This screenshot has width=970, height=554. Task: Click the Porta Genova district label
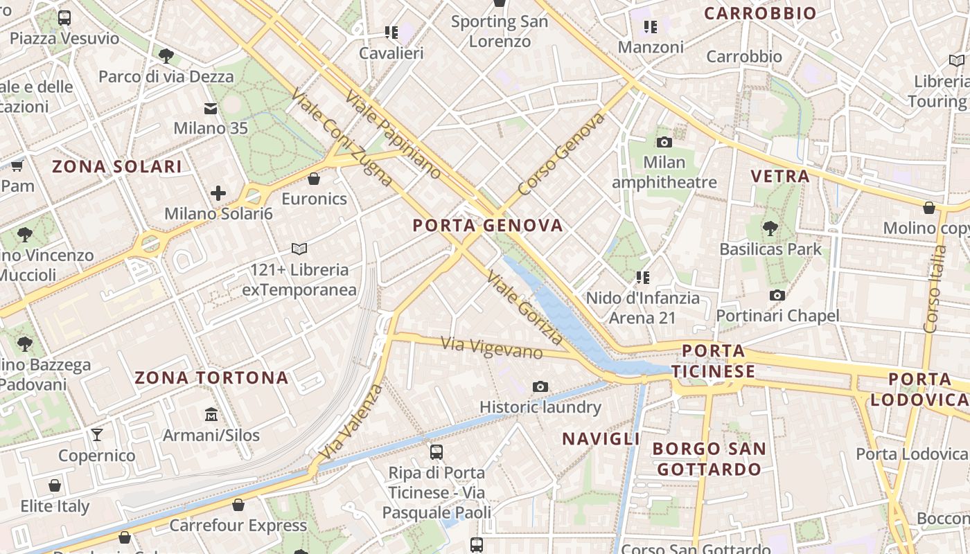click(x=488, y=226)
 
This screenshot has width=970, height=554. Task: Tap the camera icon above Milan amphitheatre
click(x=664, y=142)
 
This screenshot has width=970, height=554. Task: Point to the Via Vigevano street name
click(x=492, y=348)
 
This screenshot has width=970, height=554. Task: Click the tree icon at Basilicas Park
click(x=770, y=228)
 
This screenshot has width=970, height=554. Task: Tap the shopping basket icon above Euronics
click(x=314, y=179)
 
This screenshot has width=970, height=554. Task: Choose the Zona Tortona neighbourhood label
click(x=211, y=378)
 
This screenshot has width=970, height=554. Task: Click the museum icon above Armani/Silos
click(x=211, y=414)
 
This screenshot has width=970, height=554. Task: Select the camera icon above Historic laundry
click(x=540, y=386)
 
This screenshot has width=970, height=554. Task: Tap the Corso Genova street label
click(x=561, y=154)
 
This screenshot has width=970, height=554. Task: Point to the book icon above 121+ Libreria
click(x=299, y=249)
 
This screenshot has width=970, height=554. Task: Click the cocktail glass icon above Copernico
click(x=97, y=435)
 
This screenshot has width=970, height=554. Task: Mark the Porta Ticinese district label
click(x=713, y=361)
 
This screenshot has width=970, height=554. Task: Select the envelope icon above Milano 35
click(x=211, y=108)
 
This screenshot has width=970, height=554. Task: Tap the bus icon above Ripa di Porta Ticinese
click(x=436, y=452)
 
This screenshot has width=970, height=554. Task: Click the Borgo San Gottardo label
click(x=709, y=458)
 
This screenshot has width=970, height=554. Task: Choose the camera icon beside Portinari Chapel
click(x=777, y=296)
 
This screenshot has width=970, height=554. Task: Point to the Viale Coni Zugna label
click(x=342, y=138)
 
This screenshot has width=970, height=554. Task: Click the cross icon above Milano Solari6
click(x=218, y=193)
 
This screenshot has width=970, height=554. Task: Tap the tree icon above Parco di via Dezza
click(x=166, y=56)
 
